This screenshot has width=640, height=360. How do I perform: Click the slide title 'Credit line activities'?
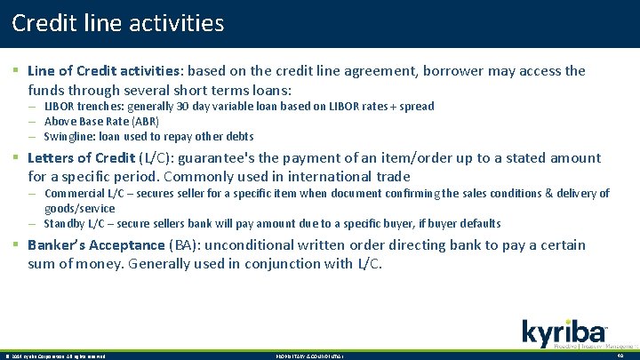coord(118,23)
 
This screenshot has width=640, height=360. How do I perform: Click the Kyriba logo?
coord(565,332)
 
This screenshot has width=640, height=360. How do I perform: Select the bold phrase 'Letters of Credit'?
coord(82,158)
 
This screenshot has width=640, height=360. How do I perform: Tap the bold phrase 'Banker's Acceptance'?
coord(96,245)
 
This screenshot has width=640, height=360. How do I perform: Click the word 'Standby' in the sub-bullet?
coord(66,223)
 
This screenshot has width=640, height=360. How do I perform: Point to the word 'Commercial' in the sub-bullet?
coord(74,193)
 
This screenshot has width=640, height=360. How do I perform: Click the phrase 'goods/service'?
coord(79,207)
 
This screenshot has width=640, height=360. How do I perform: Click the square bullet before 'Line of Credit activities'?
coord(15,70)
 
